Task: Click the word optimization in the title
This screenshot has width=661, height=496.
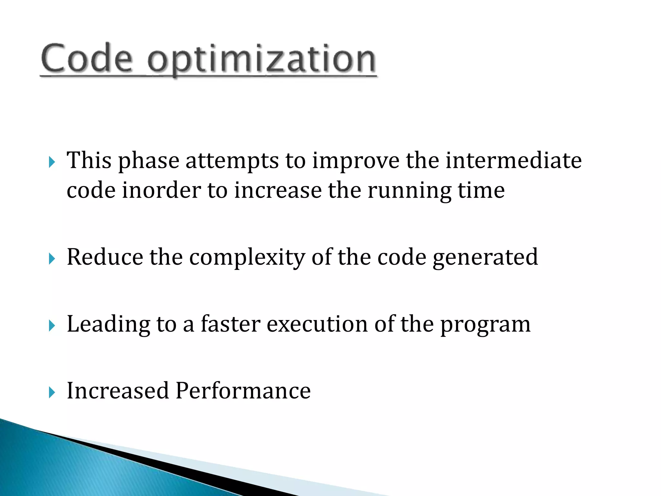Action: tap(261, 60)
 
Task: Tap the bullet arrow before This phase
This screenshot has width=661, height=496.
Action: tap(52, 162)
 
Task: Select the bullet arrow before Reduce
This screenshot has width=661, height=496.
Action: tap(52, 259)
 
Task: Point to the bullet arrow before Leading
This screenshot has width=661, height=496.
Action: tap(52, 325)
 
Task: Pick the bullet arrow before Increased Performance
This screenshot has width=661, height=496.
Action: tap(52, 392)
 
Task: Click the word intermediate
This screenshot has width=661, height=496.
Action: tap(514, 160)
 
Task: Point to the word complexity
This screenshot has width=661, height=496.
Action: tap(247, 258)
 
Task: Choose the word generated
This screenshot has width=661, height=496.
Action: tap(485, 258)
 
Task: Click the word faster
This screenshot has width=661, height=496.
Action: tap(230, 324)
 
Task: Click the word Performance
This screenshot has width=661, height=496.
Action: tap(243, 391)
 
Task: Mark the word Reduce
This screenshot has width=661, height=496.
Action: tap(105, 257)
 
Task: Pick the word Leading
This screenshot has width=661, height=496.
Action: tap(108, 325)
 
